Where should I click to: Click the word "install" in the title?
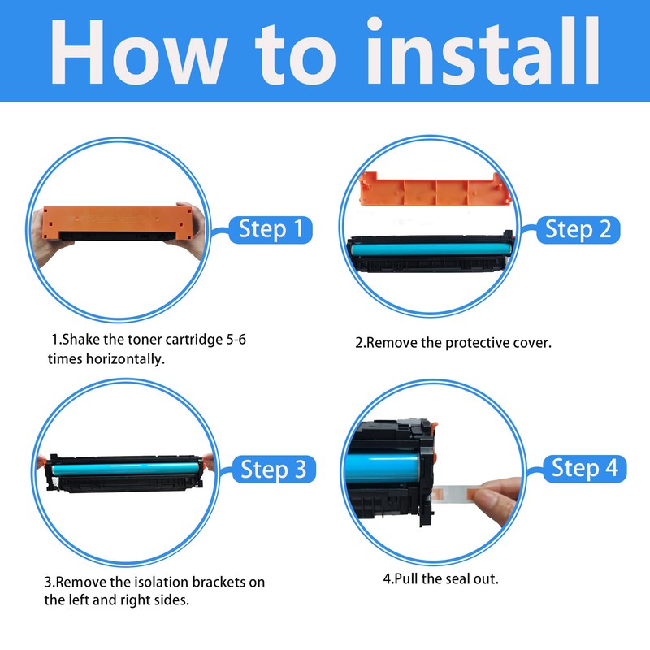click(483, 51)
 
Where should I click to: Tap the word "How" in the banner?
click(138, 52)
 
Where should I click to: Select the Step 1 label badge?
click(271, 229)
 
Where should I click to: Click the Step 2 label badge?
click(578, 229)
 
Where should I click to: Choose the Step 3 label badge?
click(274, 469)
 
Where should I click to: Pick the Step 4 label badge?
click(584, 468)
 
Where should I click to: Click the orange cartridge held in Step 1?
click(117, 223)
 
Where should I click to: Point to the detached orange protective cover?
click(435, 189)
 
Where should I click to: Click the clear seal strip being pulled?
click(457, 494)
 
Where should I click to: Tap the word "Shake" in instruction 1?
click(80, 340)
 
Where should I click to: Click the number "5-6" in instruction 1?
click(236, 340)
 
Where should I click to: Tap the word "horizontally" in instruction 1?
click(123, 358)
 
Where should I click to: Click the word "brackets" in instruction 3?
click(219, 582)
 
